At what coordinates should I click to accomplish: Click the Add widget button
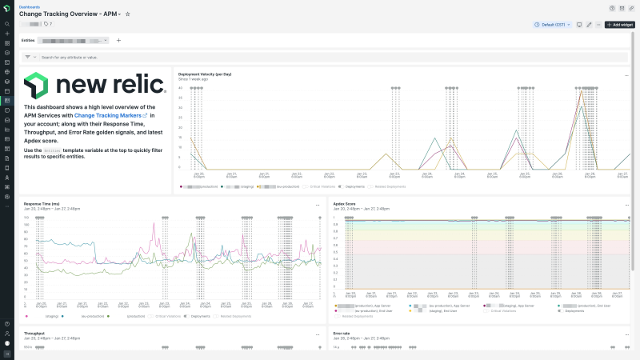click(620, 25)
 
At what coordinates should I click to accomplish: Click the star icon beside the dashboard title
click(128, 14)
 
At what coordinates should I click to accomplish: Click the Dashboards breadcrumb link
click(29, 6)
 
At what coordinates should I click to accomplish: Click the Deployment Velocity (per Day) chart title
click(205, 74)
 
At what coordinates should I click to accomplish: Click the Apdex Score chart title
click(345, 205)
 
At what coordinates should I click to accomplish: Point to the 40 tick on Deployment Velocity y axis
click(180, 88)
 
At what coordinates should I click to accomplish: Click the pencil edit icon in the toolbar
click(589, 25)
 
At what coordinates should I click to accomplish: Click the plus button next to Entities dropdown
click(118, 40)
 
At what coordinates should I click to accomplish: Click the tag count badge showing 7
click(48, 25)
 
